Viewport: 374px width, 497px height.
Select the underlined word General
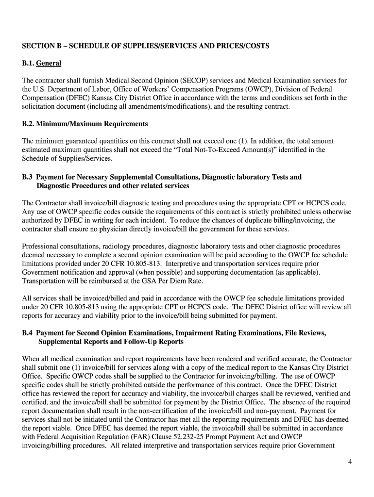pyautogui.click(x=49, y=63)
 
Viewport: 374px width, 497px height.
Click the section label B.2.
pyautogui.click(x=29, y=124)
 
